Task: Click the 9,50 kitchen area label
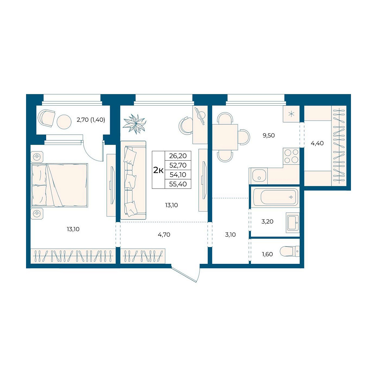click(269, 135)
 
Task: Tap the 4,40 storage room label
click(317, 143)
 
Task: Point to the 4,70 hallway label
click(164, 234)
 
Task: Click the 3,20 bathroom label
click(267, 222)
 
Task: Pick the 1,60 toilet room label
click(267, 254)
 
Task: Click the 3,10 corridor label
click(230, 235)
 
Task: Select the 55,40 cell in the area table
click(178, 184)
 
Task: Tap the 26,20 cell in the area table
click(178, 156)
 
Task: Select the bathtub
click(275, 197)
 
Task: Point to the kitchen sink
click(258, 176)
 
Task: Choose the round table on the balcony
click(64, 122)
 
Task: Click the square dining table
click(225, 137)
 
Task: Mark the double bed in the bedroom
click(59, 185)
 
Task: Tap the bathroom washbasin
click(293, 223)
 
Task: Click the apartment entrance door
click(186, 274)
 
